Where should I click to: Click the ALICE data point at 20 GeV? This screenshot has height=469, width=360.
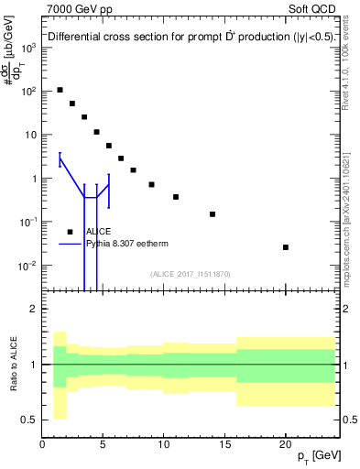click(x=286, y=247)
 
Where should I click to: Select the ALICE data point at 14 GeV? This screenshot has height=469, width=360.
click(x=213, y=214)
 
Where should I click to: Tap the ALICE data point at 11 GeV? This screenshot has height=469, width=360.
click(x=176, y=197)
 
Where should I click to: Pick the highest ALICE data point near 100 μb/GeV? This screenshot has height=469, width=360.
click(x=60, y=90)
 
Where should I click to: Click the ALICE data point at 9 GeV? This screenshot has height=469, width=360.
click(x=151, y=184)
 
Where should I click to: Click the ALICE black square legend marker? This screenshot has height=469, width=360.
click(x=70, y=232)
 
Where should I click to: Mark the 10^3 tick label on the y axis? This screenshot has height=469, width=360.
click(x=28, y=48)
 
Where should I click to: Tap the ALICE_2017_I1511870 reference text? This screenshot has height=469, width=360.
click(x=191, y=274)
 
